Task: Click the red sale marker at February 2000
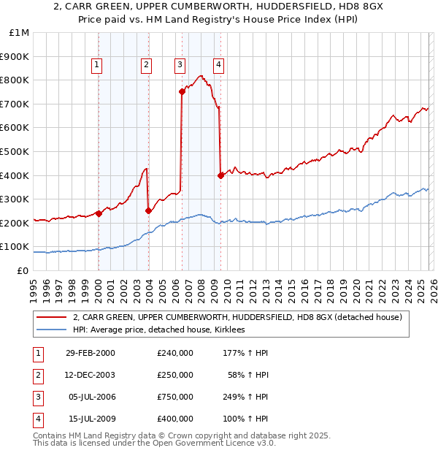[99, 214]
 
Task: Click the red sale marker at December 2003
[148, 211]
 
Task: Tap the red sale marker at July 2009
[220, 175]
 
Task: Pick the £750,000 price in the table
[174, 398]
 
